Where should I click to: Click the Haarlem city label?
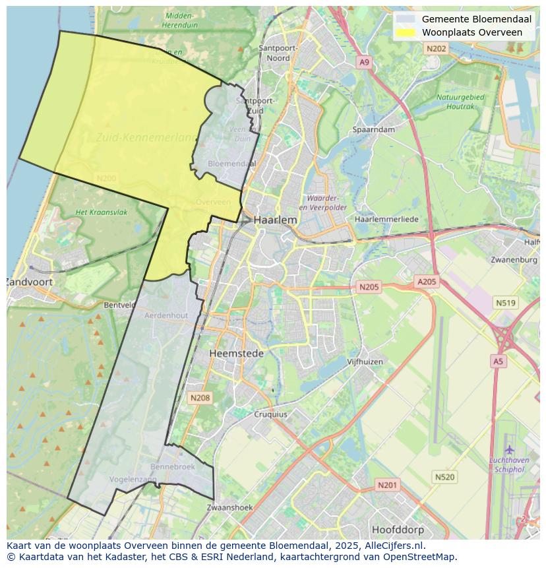(275, 220)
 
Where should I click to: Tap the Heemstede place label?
(236, 354)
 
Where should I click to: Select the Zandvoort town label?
(30, 282)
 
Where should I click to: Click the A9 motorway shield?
(364, 62)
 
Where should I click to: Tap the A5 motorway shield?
(498, 362)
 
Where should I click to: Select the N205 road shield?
(369, 287)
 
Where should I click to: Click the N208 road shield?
(200, 398)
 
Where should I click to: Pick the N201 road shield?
(387, 486)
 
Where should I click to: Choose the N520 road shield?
(444, 477)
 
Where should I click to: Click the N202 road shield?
(436, 49)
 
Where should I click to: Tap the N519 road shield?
(505, 303)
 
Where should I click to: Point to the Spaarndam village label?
(374, 130)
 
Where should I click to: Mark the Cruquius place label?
(270, 414)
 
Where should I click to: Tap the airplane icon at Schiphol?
(509, 449)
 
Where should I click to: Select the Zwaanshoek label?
(229, 508)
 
